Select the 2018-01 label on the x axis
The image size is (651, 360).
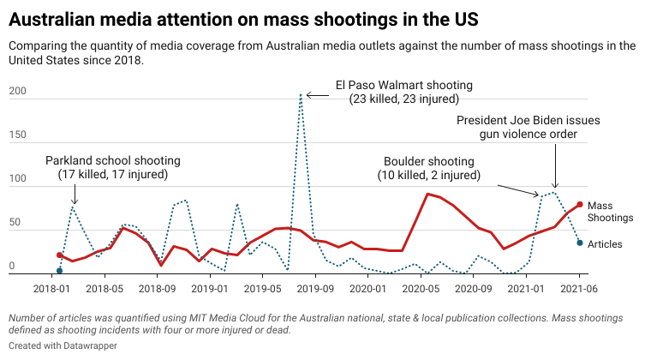tap(53, 290)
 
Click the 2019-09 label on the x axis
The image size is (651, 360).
tap(316, 290)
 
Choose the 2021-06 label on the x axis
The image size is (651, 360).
tap(580, 290)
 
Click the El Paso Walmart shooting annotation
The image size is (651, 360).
tap(404, 92)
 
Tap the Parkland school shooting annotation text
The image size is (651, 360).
tap(113, 167)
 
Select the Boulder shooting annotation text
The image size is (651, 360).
tap(428, 168)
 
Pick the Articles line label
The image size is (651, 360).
tap(605, 244)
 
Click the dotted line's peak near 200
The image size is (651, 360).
tap(301, 95)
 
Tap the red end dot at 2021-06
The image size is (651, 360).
tap(580, 204)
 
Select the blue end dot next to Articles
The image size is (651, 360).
tap(580, 243)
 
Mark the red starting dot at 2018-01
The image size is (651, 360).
tap(59, 255)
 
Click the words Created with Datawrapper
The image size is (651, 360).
tap(63, 345)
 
